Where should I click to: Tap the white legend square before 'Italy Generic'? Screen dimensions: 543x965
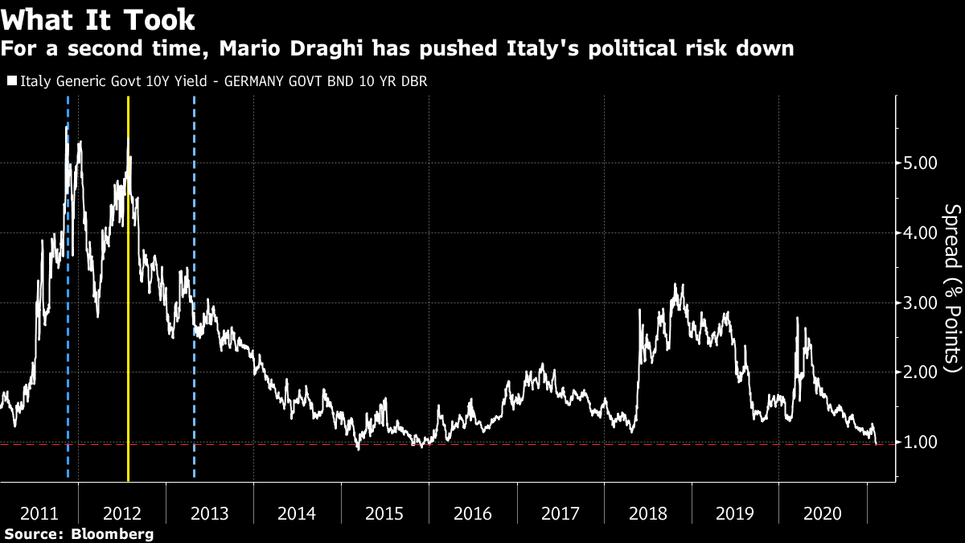(12, 81)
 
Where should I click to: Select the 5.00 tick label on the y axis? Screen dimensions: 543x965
(916, 162)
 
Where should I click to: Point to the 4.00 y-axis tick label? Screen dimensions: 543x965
(916, 232)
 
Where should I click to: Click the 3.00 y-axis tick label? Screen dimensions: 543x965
(916, 302)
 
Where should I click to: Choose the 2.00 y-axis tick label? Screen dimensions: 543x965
(916, 372)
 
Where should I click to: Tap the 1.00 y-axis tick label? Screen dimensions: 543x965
(916, 442)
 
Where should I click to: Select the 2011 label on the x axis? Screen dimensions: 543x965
(39, 513)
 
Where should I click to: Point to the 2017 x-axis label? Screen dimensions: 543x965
(561, 513)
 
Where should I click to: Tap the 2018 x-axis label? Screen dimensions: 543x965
(647, 513)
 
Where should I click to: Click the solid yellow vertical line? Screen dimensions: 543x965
(129, 322)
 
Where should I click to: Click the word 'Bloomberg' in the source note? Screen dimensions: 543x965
(113, 534)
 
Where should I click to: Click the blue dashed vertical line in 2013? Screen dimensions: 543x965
(195, 362)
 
